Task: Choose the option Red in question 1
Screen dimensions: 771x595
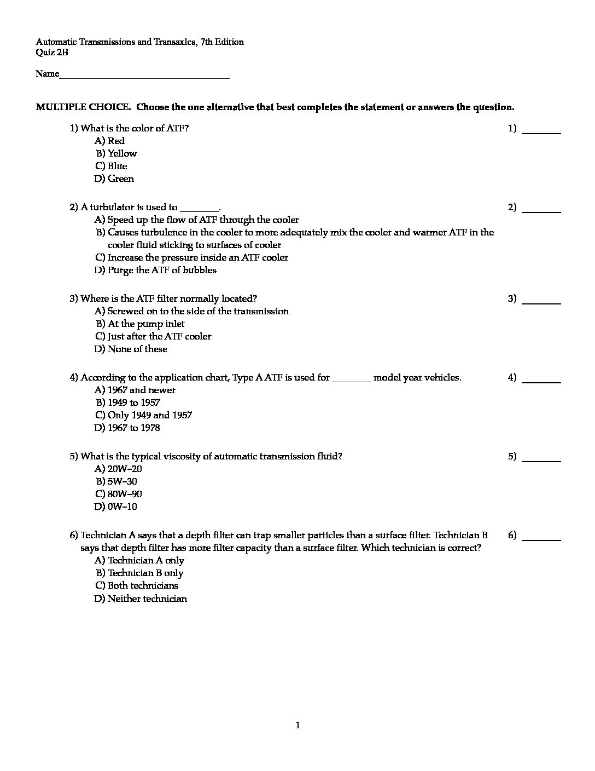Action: pos(116,141)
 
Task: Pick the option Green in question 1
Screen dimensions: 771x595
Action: pos(120,179)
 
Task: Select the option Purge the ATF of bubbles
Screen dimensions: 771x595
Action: pos(162,270)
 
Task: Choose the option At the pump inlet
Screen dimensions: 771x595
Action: pos(146,324)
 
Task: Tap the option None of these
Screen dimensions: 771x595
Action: pos(137,349)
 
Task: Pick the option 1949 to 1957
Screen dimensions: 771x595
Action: pos(134,402)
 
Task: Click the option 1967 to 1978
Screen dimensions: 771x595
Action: pos(134,428)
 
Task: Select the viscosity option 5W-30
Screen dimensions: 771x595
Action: pos(122,481)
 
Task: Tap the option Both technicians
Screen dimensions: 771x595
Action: pos(143,585)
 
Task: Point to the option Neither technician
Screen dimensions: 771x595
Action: pos(147,599)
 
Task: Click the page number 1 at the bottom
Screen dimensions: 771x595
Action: pos(297,726)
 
